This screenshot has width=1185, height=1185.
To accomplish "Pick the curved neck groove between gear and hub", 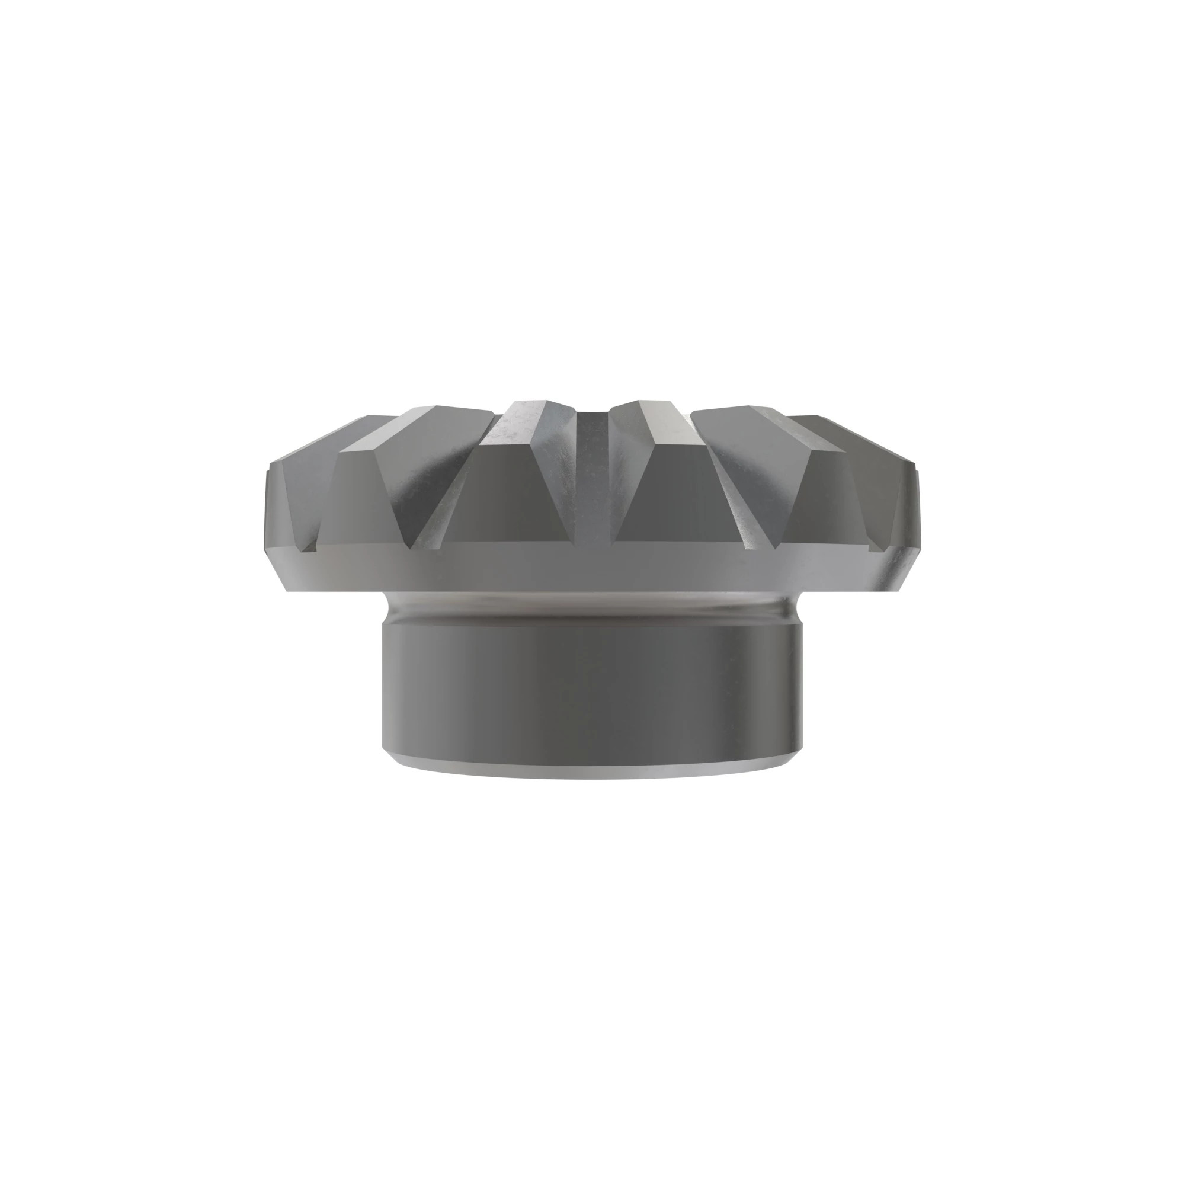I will [591, 607].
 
